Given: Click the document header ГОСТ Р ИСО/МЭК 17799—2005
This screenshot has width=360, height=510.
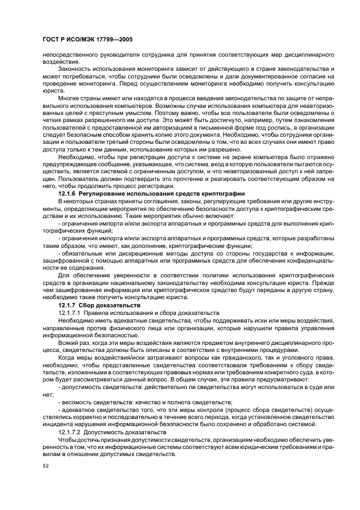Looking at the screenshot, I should tap(87, 40).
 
